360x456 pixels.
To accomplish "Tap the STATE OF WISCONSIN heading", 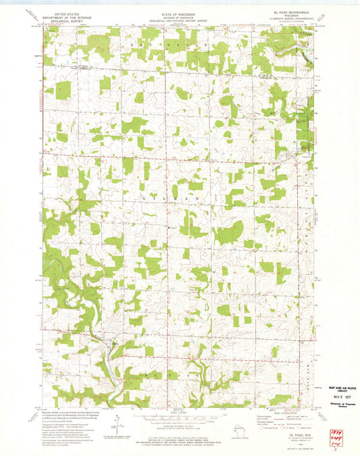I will coord(178,5).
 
